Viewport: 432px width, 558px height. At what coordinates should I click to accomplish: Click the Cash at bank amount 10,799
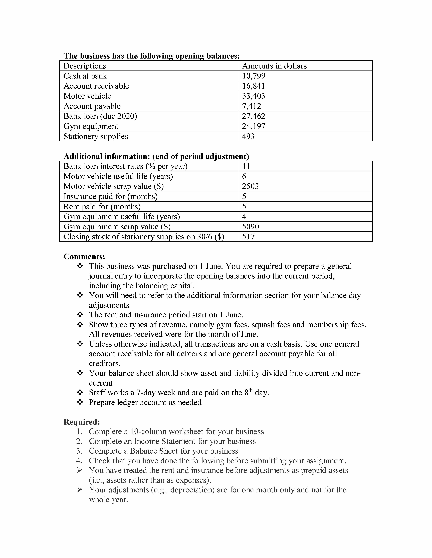(254, 76)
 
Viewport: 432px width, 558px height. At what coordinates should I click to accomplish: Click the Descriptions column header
(85, 66)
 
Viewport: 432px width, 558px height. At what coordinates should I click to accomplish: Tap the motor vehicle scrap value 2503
(250, 186)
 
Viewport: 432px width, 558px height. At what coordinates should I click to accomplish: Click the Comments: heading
(84, 257)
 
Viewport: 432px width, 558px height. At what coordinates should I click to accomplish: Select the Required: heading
(82, 422)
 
